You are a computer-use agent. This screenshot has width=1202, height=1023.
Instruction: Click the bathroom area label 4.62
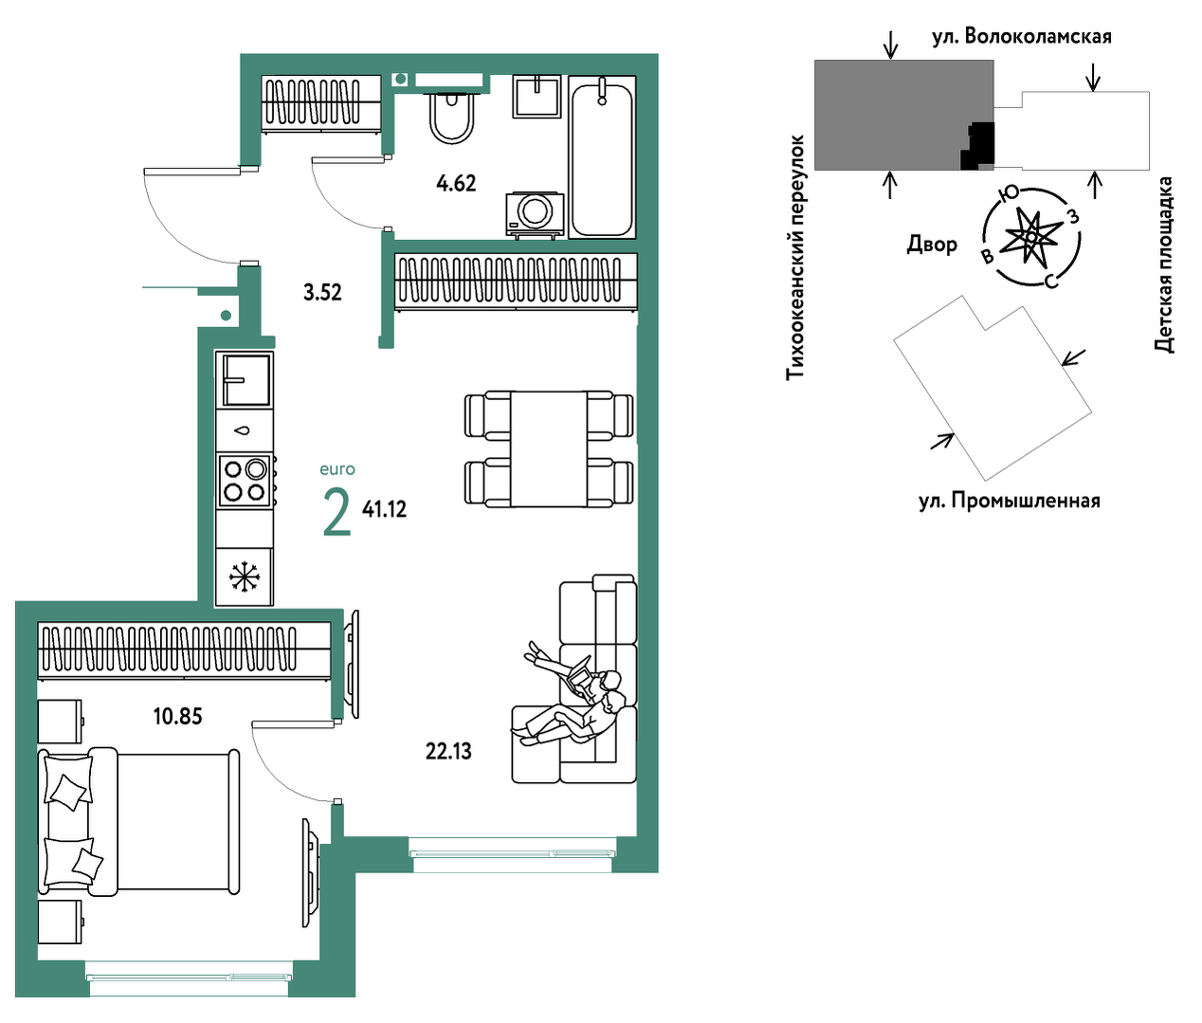coord(456,184)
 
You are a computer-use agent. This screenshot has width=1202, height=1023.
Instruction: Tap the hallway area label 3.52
coord(322,292)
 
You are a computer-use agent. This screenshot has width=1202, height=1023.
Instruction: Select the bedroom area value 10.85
coord(177,716)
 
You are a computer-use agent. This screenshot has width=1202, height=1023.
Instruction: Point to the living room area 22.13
coord(448,752)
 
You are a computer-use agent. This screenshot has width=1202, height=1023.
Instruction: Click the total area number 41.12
coord(384,509)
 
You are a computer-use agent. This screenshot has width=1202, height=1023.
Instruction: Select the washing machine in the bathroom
coord(535,214)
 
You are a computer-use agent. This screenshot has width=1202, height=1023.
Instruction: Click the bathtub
coord(602,157)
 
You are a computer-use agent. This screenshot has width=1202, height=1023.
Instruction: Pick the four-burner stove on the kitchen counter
coord(246,481)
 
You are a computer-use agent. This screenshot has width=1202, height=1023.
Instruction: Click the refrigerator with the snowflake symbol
coord(245,577)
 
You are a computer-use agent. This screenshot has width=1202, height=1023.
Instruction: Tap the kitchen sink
coord(245,380)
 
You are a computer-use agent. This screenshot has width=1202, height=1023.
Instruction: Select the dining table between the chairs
coord(548,448)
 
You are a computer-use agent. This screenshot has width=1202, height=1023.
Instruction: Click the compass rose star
coord(1030,236)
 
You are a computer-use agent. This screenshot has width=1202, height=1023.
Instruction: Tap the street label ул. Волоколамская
coord(1022,37)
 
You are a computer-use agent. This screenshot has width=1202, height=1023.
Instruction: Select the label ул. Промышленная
coord(1010,501)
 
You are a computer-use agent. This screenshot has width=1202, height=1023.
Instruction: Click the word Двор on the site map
coord(932,245)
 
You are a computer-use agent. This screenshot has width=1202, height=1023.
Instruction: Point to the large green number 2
coord(337,512)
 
